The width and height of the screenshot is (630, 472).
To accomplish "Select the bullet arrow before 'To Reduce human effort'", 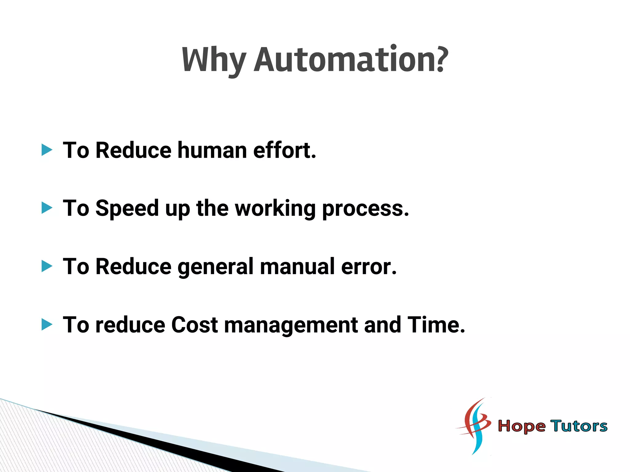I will click(47, 150).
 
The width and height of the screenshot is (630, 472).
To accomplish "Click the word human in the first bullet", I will click(212, 150).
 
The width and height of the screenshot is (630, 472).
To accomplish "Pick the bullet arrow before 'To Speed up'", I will click(47, 208).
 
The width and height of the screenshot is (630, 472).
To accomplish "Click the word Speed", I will click(127, 209).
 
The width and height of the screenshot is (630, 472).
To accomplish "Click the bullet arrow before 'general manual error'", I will click(47, 266).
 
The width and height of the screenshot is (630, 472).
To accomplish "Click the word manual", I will click(297, 266).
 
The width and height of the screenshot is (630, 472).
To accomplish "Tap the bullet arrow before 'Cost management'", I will click(47, 324).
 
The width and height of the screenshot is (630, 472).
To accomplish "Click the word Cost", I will click(194, 325).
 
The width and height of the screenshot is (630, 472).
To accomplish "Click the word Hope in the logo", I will click(521, 427).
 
